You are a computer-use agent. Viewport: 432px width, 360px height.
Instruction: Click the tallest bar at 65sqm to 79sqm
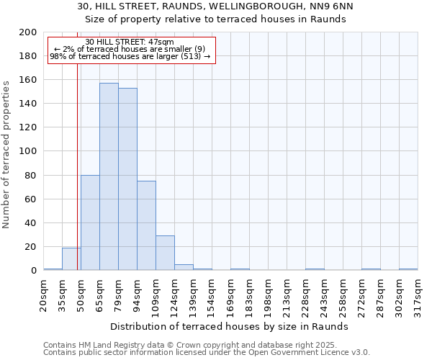(109, 176)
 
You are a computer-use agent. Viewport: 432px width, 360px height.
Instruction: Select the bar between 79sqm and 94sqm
(127, 179)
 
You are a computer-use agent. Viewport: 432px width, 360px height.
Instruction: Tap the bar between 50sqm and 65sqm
(90, 222)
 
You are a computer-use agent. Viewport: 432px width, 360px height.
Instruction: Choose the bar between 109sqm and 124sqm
(165, 253)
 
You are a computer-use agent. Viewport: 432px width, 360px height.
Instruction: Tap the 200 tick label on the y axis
(28, 32)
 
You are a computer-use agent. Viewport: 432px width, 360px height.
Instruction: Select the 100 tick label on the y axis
(28, 151)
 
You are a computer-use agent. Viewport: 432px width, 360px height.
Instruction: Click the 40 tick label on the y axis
(31, 222)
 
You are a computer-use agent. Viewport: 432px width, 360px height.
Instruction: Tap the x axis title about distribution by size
(230, 326)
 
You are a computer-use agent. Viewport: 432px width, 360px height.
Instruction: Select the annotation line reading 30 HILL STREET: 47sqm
(129, 42)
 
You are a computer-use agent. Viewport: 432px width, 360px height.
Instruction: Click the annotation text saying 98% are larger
(130, 56)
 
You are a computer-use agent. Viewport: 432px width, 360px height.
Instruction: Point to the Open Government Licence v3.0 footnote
(288, 352)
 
